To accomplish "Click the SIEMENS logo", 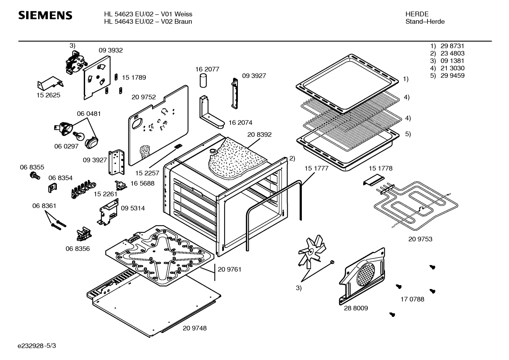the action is point(45,16).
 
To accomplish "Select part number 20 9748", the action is point(194,328).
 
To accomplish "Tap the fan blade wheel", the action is point(312,252).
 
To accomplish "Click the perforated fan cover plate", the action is point(362,276).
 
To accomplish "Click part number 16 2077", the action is point(207,69).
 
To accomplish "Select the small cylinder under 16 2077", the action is point(203,80).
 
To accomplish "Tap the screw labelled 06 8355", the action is point(35,176).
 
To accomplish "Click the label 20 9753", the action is point(420,239).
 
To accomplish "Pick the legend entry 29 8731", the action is point(452,46).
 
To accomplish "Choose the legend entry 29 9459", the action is point(453,76).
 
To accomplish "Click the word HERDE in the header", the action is point(417,14).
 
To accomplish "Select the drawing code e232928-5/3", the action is point(37,346).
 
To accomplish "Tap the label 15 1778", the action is point(381,168).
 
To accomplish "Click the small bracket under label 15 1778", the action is point(373,180).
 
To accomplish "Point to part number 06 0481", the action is point(89,113).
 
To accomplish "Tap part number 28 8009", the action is point(356,308).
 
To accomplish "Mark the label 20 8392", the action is point(259,135).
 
